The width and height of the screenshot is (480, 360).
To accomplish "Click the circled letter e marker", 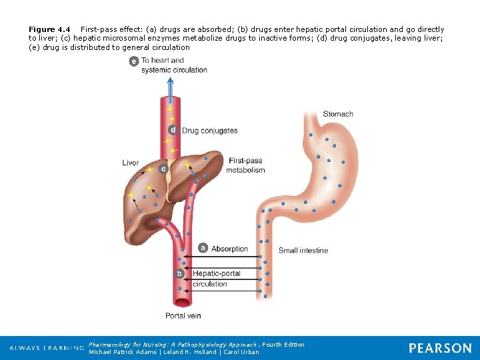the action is [134, 61].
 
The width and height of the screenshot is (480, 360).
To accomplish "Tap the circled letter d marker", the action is [173, 130].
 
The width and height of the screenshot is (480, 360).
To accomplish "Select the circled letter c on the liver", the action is [163, 169].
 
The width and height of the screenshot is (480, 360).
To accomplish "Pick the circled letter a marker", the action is [203, 249].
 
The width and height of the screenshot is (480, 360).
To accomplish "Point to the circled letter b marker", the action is [179, 273].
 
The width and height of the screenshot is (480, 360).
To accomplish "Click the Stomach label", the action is [337, 114].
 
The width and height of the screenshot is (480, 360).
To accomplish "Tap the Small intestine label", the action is [303, 251].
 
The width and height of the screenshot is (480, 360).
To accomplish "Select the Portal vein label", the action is [183, 315].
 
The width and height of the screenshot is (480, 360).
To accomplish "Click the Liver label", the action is [131, 163].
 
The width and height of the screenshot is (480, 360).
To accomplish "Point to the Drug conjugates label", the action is [209, 131].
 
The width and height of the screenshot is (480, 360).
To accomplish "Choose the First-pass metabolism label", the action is [245, 165].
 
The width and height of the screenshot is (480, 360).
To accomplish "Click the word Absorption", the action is [229, 249].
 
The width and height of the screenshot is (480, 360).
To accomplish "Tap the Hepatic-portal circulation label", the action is [215, 279].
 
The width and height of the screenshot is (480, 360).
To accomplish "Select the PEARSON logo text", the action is [440, 348].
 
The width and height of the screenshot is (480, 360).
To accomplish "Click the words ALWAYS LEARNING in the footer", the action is [47, 349].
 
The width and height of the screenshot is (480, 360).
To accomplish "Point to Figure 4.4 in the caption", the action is [49, 29].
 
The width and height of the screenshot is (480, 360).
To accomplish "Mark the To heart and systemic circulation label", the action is [173, 65].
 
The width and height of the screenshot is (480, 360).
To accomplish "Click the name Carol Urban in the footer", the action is [241, 352].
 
